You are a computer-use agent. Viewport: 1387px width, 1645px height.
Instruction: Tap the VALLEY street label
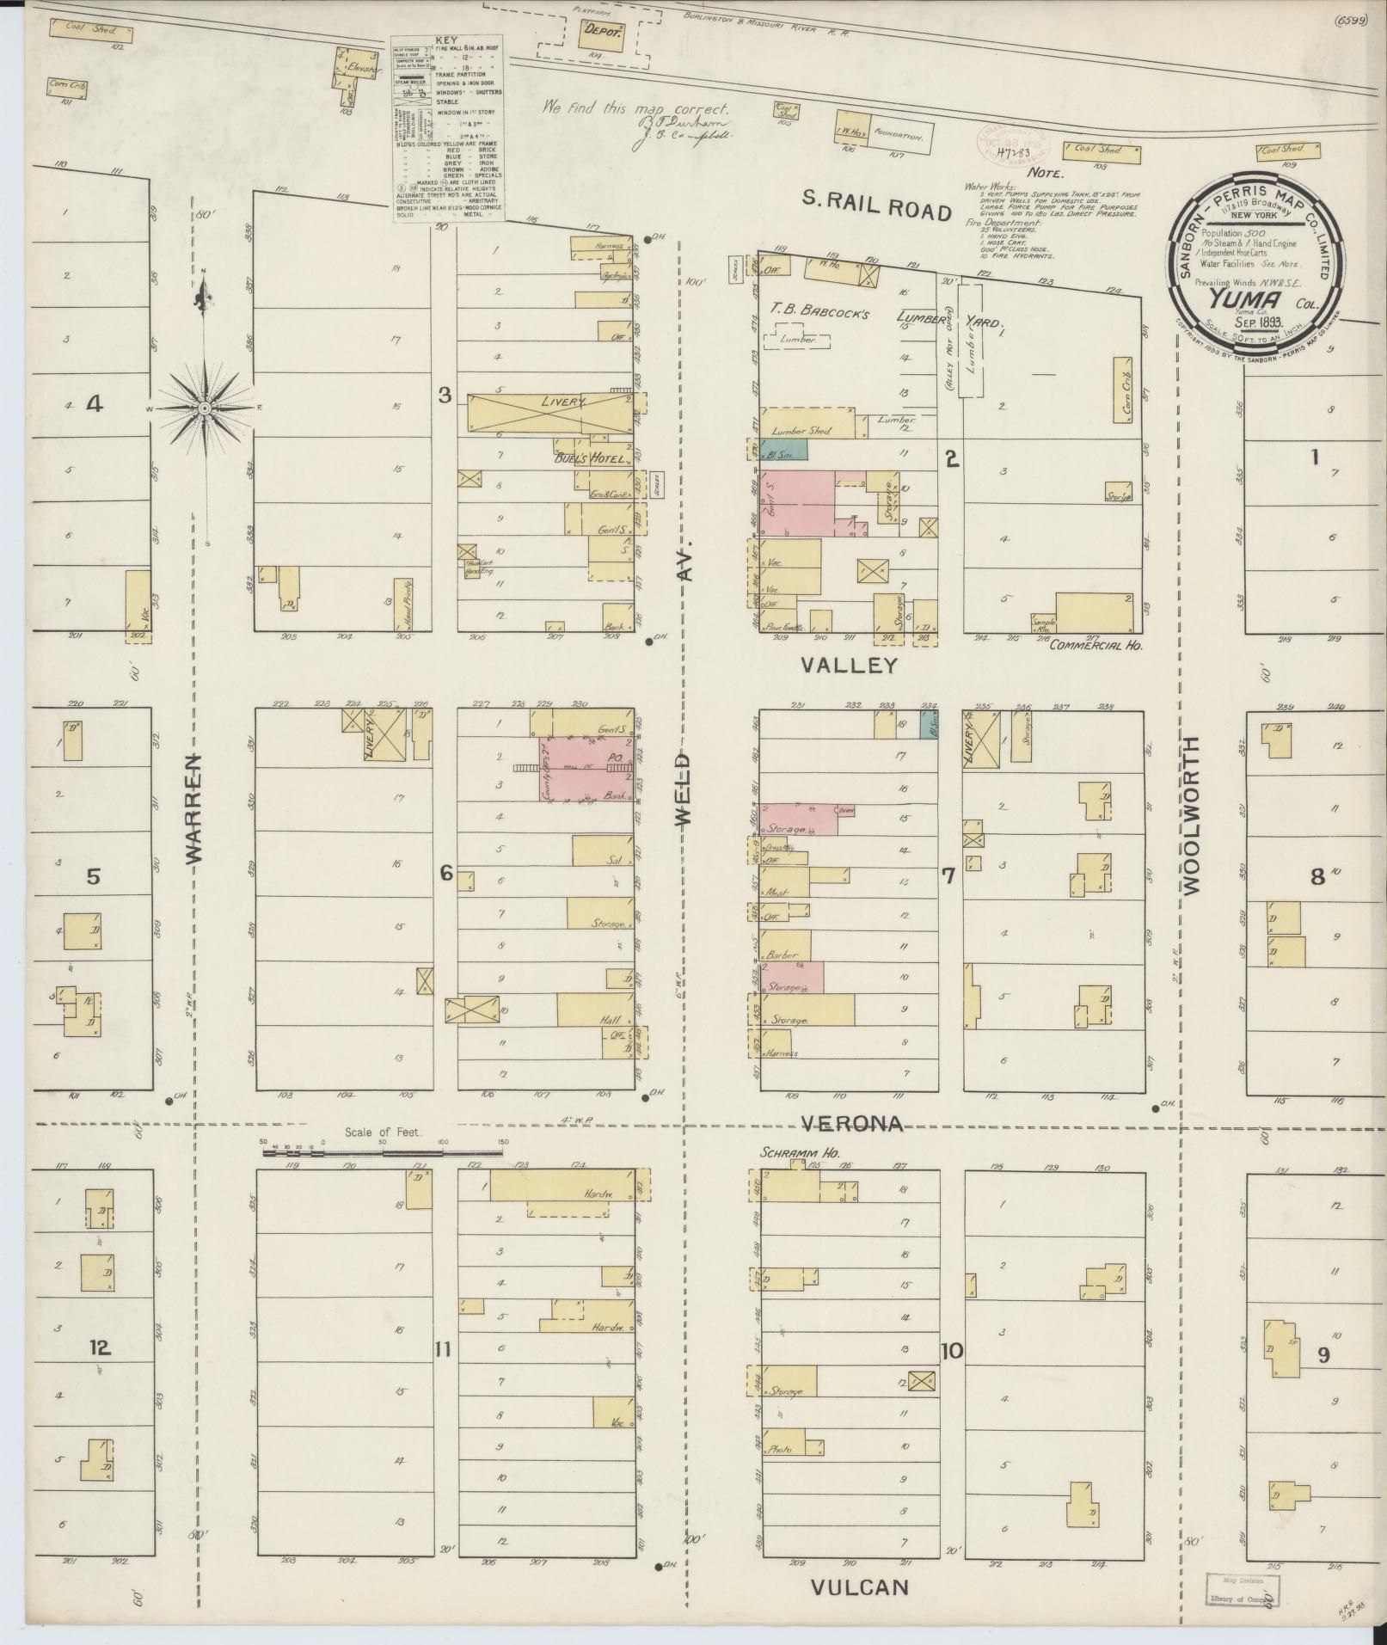point(849,666)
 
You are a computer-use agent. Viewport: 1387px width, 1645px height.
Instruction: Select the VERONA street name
point(852,1123)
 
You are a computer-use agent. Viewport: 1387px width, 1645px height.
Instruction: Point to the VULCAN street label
point(860,1587)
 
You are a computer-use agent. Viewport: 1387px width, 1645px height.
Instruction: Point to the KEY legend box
point(448,129)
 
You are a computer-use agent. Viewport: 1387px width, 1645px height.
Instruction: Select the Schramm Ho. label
point(799,1153)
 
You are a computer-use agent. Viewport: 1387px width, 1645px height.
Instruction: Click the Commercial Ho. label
point(1095,644)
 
